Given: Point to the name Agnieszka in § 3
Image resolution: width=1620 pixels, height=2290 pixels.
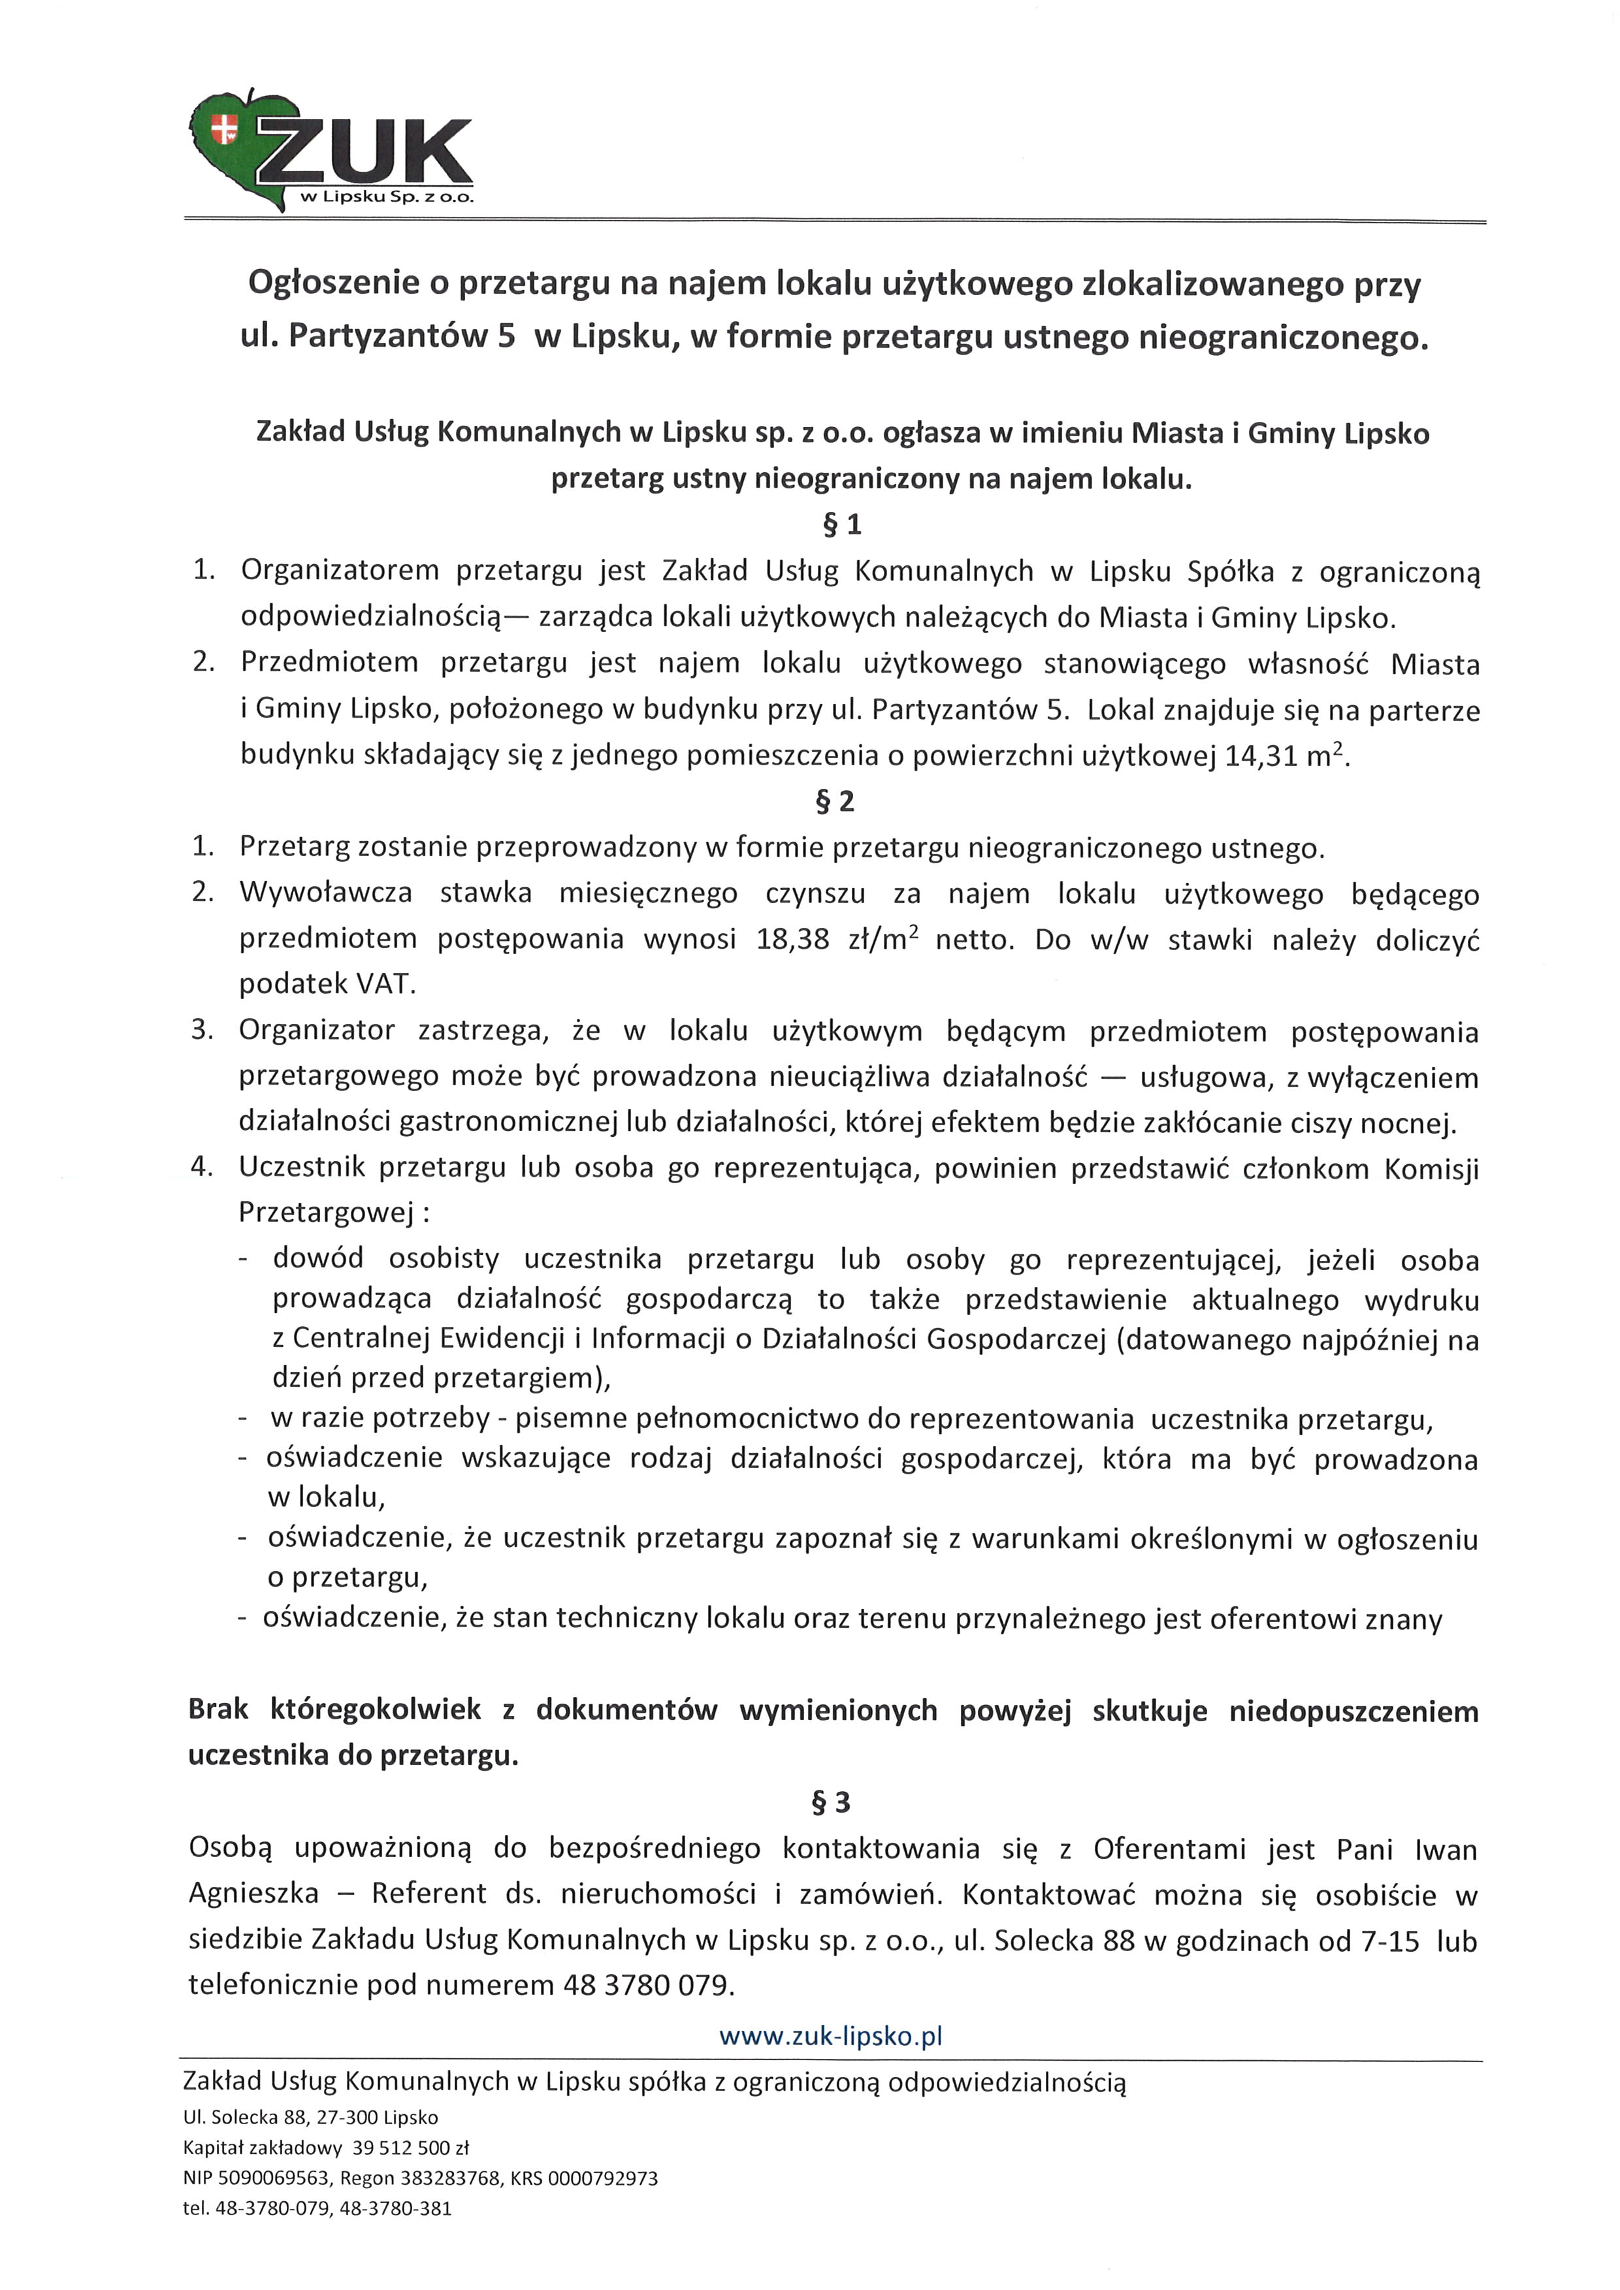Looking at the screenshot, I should pos(253,1893).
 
